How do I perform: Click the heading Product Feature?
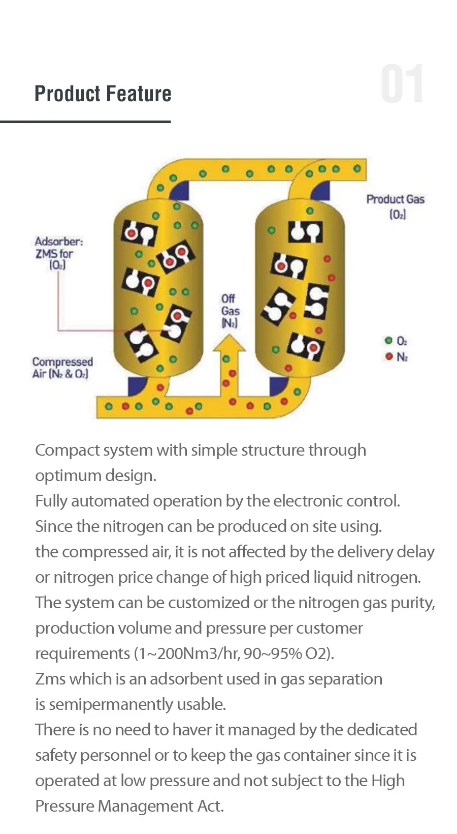pyautogui.click(x=103, y=94)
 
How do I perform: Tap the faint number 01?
pyautogui.click(x=401, y=84)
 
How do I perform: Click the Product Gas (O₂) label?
pyautogui.click(x=396, y=206)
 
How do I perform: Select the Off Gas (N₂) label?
pyautogui.click(x=230, y=311)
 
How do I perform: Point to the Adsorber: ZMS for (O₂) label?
pyautogui.click(x=58, y=253)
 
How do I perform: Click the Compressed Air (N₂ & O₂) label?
pyautogui.click(x=62, y=368)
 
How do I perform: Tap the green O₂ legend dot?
pyautogui.click(x=389, y=341)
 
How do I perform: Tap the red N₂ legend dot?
pyautogui.click(x=389, y=356)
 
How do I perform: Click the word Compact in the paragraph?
pyautogui.click(x=67, y=450)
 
